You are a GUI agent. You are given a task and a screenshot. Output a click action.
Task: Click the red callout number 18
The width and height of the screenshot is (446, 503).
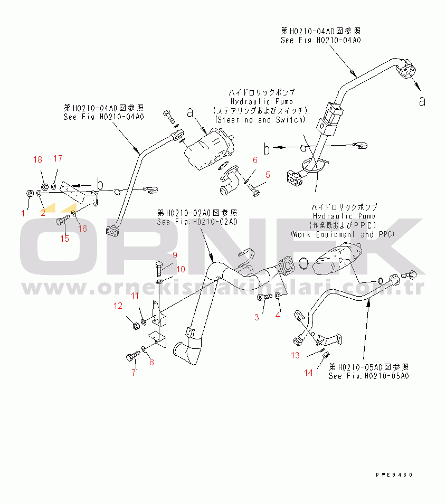point(37,160)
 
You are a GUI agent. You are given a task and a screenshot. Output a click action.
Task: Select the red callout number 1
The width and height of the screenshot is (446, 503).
point(23,213)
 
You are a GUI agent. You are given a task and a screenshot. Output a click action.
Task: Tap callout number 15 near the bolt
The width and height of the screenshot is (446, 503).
point(64,239)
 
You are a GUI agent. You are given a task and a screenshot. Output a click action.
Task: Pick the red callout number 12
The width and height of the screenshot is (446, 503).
point(118,306)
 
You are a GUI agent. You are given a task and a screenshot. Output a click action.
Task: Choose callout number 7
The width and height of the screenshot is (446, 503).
point(134,373)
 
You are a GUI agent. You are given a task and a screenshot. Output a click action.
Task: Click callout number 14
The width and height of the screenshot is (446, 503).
point(308,373)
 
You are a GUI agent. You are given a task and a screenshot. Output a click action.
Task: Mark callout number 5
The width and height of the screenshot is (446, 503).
point(268,175)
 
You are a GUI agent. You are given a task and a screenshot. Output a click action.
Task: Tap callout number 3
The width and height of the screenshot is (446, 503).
point(257,317)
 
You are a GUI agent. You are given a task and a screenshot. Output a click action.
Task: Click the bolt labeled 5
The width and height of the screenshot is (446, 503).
point(254,188)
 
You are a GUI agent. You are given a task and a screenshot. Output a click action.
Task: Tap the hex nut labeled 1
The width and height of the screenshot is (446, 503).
point(30,194)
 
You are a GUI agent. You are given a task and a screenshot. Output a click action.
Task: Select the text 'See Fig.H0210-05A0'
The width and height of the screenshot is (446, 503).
point(368,376)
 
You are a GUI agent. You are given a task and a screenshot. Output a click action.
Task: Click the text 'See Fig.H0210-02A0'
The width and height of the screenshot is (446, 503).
point(197,222)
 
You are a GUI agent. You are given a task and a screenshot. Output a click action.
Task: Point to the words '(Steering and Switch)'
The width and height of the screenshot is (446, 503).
point(260,120)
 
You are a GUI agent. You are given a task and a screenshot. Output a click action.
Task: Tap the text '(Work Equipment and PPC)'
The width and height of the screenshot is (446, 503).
point(343,234)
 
